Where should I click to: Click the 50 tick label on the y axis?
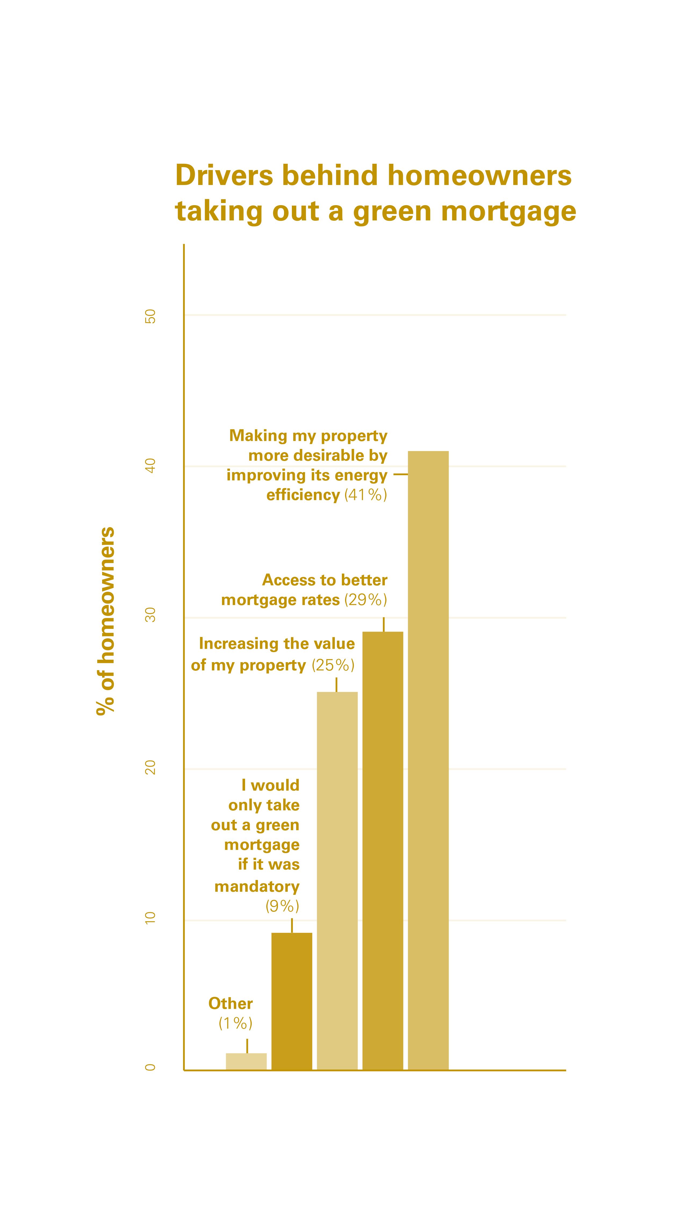150,316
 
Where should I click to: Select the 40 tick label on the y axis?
150,466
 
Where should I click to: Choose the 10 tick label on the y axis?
150,918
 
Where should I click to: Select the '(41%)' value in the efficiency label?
365,495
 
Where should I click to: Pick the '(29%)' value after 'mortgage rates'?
365,600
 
